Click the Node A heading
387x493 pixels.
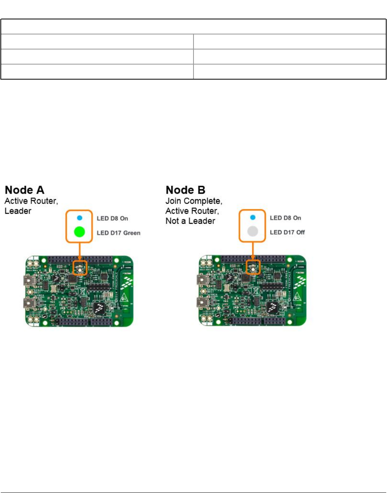coord(25,190)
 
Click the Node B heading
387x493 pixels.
coord(186,190)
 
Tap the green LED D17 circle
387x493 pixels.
coord(80,232)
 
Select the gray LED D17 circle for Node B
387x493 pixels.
coord(253,231)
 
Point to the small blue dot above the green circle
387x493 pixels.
coord(80,218)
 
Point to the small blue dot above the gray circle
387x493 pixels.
coord(253,217)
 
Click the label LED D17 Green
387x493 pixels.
coord(119,233)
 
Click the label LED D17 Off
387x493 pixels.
coord(287,232)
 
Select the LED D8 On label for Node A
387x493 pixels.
coord(112,219)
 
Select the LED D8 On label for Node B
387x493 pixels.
coord(285,218)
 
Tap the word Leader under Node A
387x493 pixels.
coord(18,211)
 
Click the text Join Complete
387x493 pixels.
coord(193,201)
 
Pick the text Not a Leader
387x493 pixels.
coord(190,221)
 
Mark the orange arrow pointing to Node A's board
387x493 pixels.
coord(80,251)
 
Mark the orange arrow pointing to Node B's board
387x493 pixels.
coord(253,251)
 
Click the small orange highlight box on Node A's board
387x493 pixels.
coord(80,268)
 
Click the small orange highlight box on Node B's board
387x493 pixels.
coord(253,267)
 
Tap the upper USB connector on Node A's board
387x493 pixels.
coord(29,281)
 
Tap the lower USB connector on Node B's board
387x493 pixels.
coord(202,303)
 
